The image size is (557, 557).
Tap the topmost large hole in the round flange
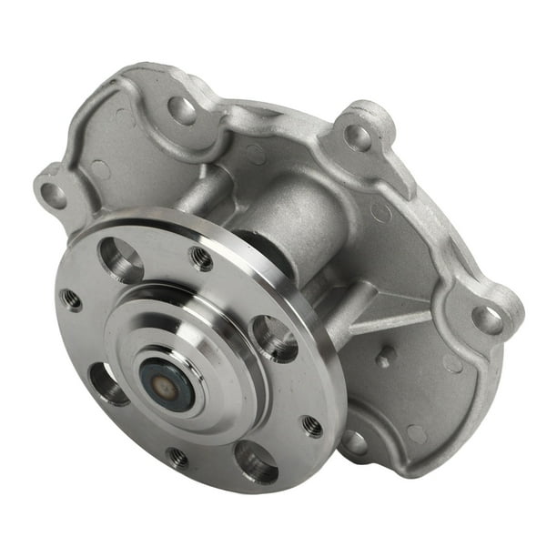pyautogui.click(x=122, y=260)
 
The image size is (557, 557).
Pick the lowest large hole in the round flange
pyautogui.click(x=256, y=462)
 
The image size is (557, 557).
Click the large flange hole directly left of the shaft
pyautogui.click(x=108, y=384)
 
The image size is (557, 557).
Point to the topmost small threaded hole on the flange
pyautogui.click(x=201, y=258)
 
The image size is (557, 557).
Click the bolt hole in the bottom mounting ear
pyautogui.click(x=356, y=442)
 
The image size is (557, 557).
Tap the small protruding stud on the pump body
pyautogui.click(x=385, y=358)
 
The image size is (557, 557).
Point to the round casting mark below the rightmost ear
pyautogui.click(x=452, y=362)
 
